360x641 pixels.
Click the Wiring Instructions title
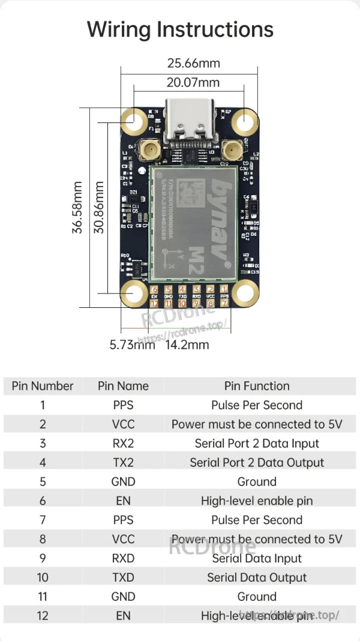[x=180, y=29]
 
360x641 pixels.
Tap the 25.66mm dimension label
[x=193, y=63]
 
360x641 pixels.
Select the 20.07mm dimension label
[x=193, y=82]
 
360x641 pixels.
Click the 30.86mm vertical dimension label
[x=99, y=208]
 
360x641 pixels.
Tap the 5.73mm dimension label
[x=132, y=345]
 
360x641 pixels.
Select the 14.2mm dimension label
[x=187, y=345]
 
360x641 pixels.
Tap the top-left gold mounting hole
[x=134, y=122]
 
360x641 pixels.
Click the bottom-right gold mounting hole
[x=244, y=293]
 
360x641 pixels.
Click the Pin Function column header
[x=257, y=386]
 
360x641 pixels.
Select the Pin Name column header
[x=123, y=386]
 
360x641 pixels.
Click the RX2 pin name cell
[x=123, y=444]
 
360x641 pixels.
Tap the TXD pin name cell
[x=123, y=577]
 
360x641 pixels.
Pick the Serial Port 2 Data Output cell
[x=257, y=463]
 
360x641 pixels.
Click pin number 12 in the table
[x=43, y=616]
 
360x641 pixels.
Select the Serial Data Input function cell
[x=257, y=558]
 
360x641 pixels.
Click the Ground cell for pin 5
[x=257, y=481]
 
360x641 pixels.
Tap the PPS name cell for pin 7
[x=123, y=520]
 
